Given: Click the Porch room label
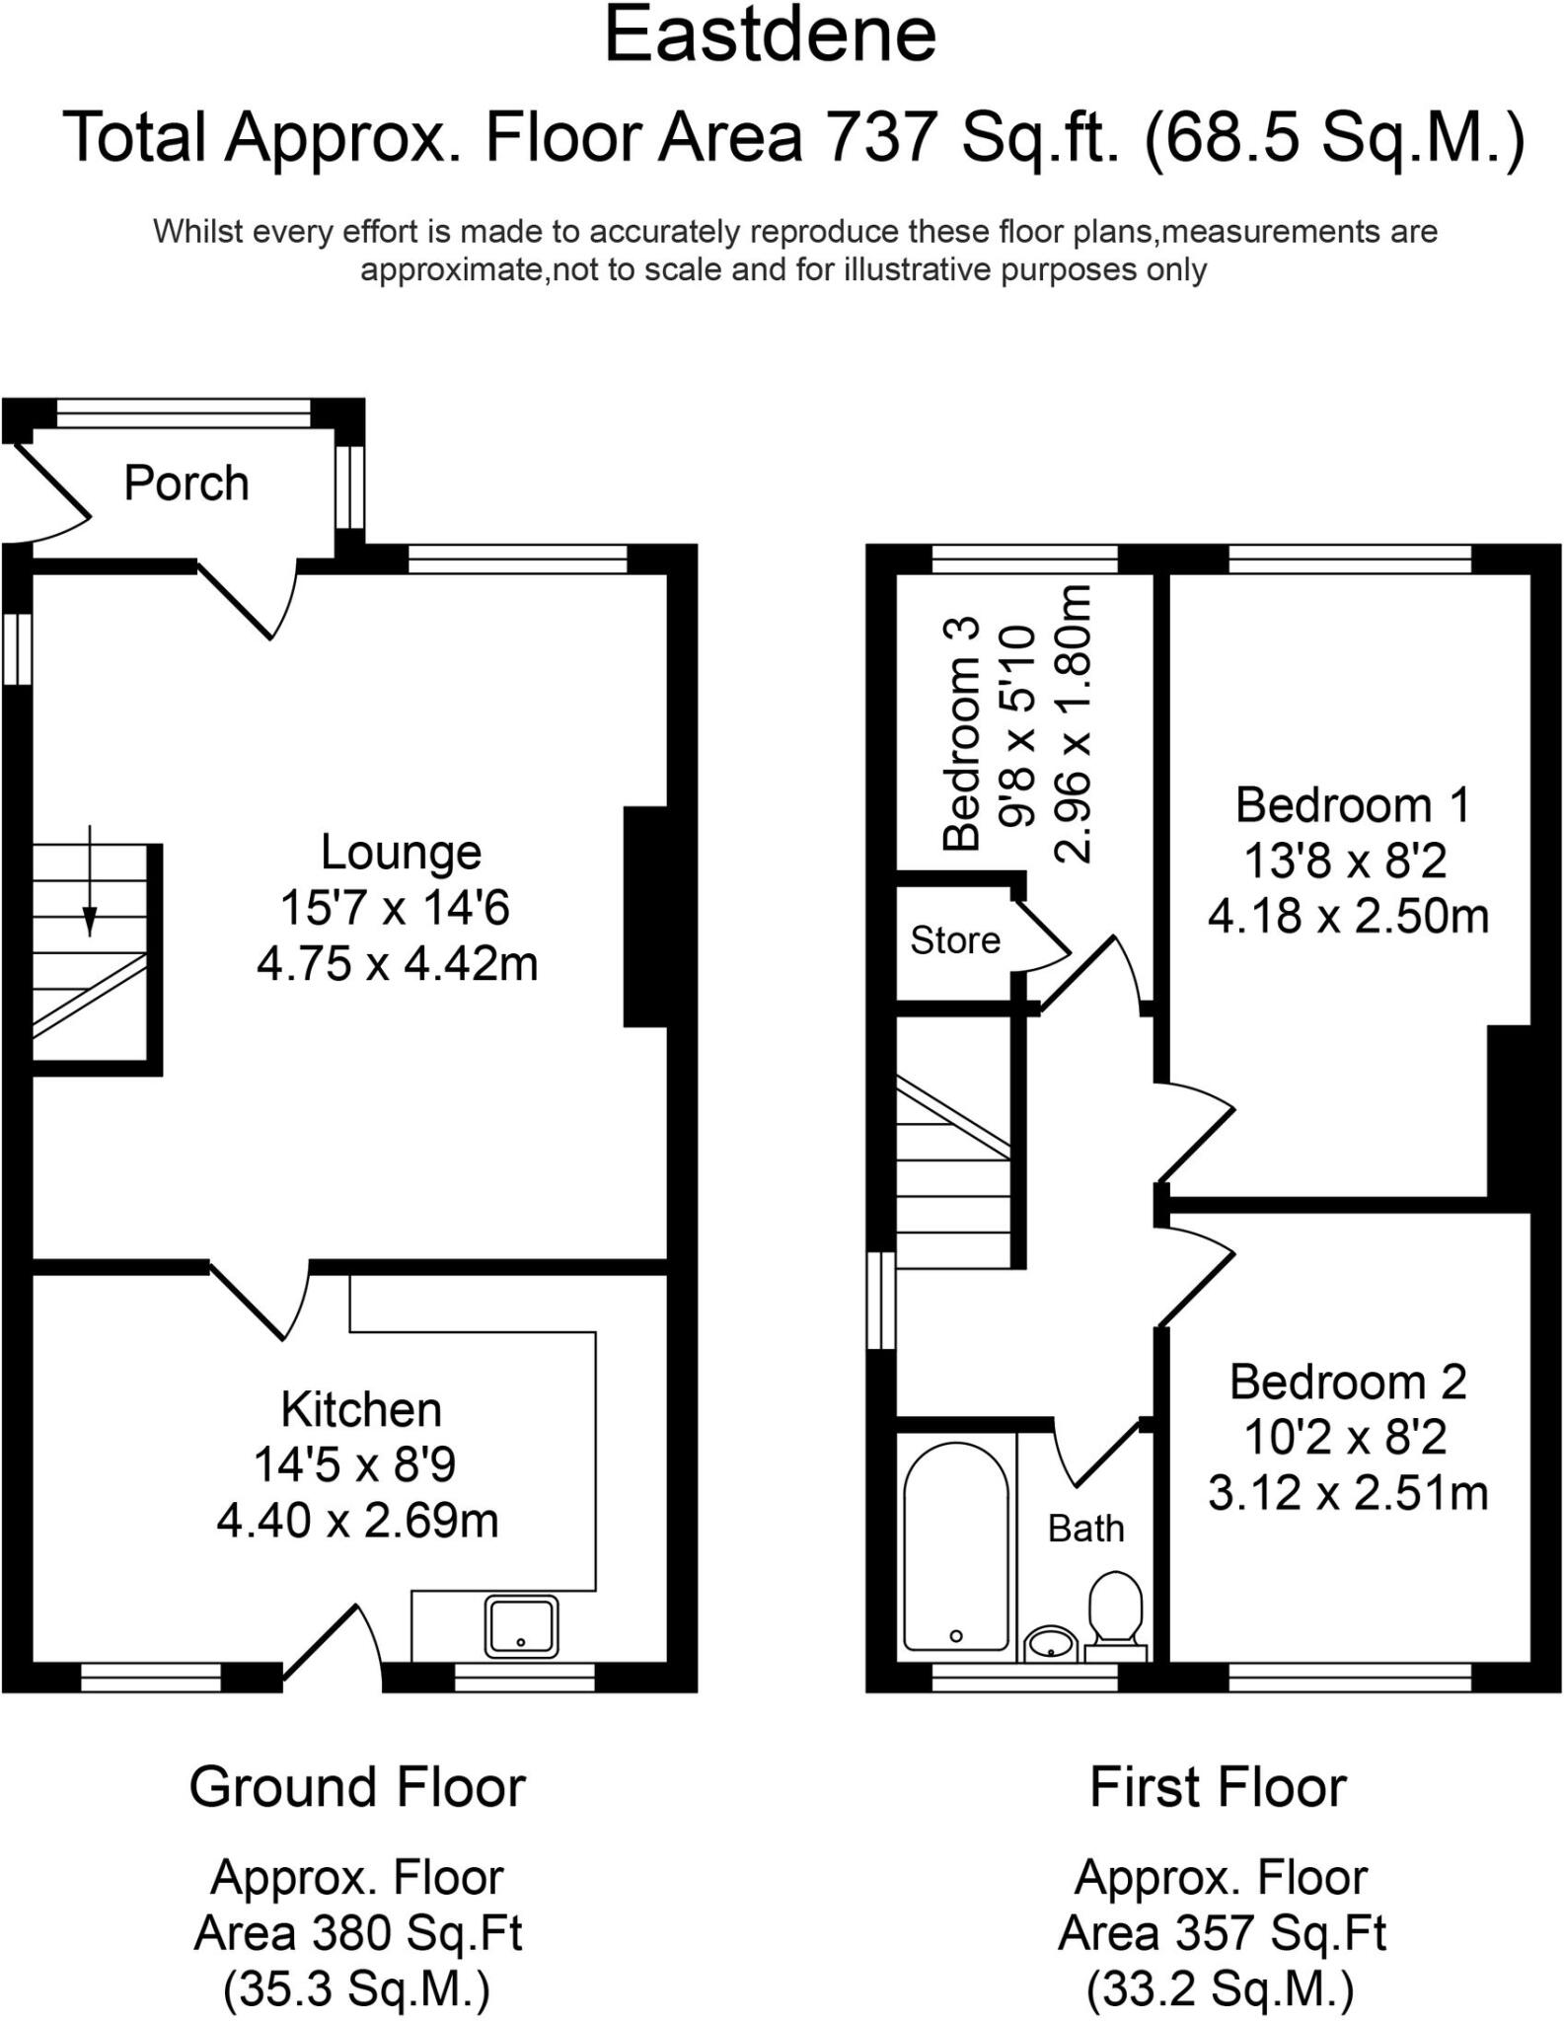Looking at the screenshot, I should pos(186,484).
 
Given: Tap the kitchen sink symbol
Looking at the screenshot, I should pos(521,1626).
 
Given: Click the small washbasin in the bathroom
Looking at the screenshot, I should pos(1050,1644).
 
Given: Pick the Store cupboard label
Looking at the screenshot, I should pos(954,940).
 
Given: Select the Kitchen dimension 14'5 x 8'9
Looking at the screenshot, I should pos(355,1464).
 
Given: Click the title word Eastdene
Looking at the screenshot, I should pos(770,36).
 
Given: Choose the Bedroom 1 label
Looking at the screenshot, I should pos(1352,805).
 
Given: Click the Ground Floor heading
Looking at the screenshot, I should pos(357,1787).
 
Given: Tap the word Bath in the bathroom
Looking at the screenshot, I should pos(1085,1529).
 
